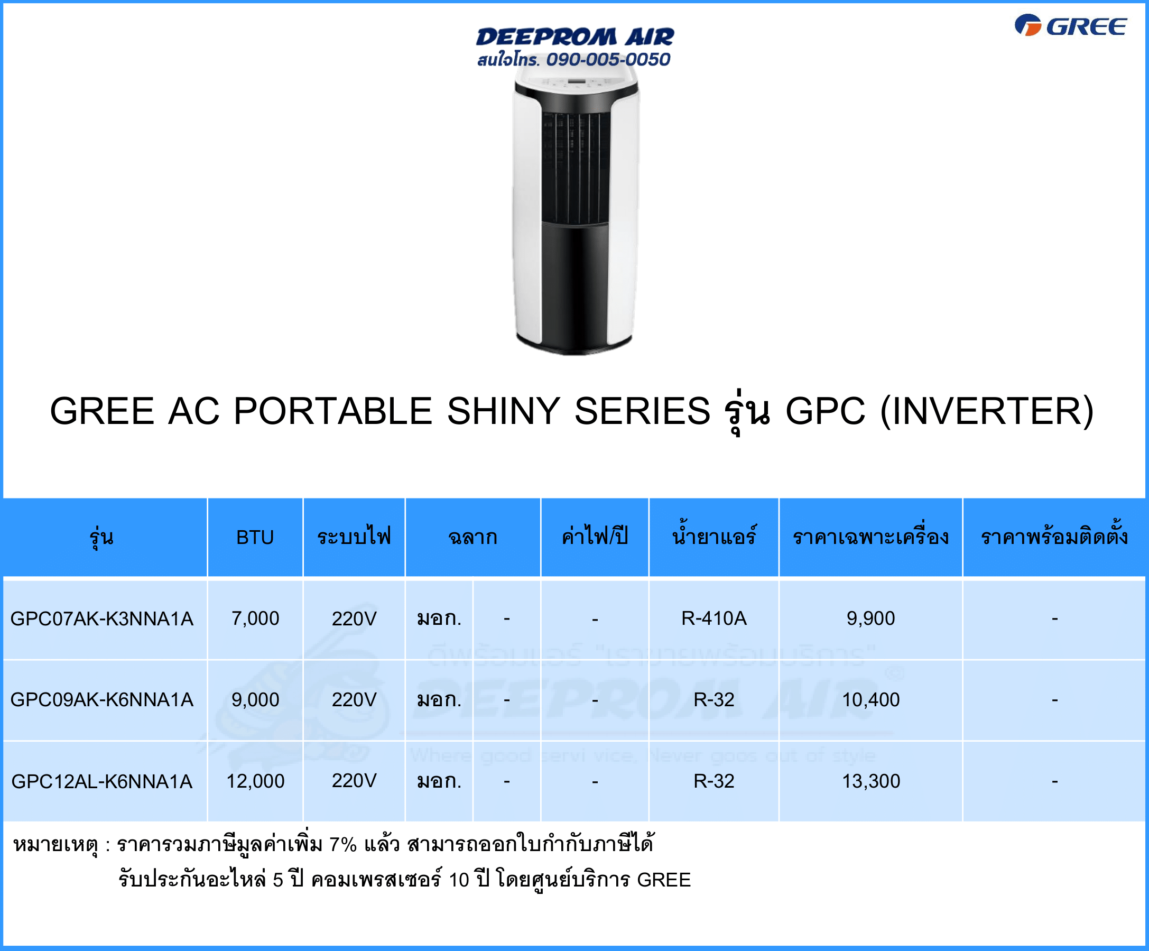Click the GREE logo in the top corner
tap(1070, 26)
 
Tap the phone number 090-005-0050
tap(608, 59)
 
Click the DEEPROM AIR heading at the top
tap(574, 36)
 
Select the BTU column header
tap(255, 537)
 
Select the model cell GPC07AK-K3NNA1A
tap(102, 619)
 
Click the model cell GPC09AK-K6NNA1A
tap(102, 700)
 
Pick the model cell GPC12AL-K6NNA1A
tap(102, 781)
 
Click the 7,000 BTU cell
tap(255, 619)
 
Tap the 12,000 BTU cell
tap(255, 781)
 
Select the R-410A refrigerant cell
tap(714, 618)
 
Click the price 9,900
tap(870, 619)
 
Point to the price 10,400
tap(870, 700)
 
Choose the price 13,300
tap(870, 781)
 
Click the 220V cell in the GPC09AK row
tap(354, 700)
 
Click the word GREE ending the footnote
tap(664, 880)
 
